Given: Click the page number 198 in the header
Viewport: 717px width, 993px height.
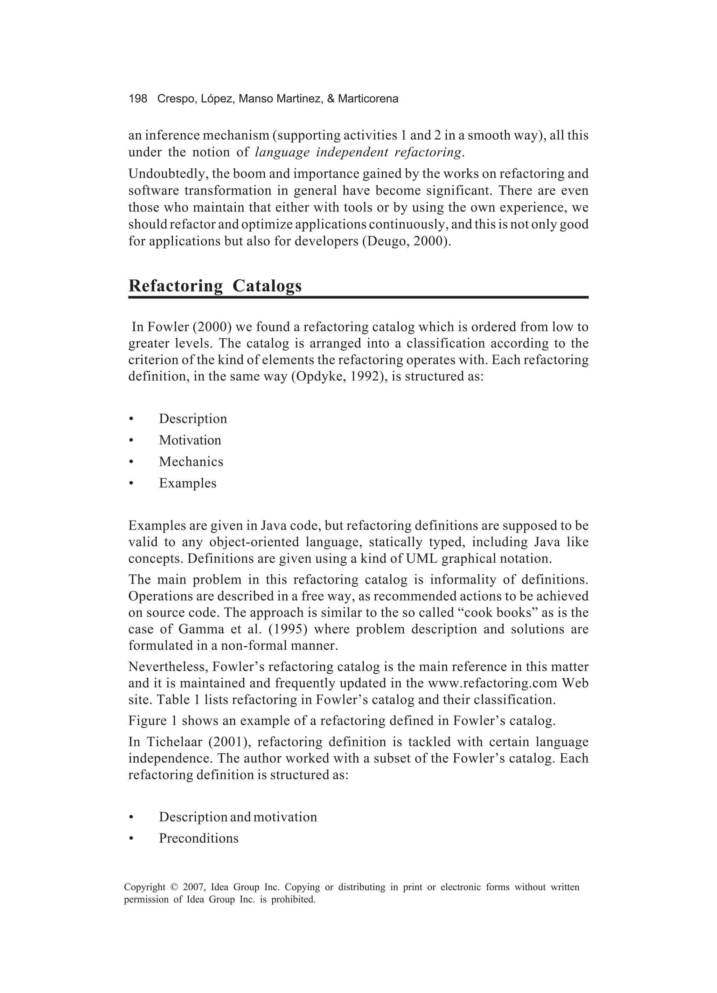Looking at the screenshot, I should click(x=138, y=99).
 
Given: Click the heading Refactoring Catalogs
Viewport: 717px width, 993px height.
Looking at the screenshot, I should click(x=215, y=286).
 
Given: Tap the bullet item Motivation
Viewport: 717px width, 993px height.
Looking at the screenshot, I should click(x=190, y=440).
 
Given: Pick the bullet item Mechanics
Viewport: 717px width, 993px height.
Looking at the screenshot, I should click(x=190, y=461).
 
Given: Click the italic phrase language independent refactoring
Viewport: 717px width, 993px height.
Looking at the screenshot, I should click(x=358, y=152).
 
